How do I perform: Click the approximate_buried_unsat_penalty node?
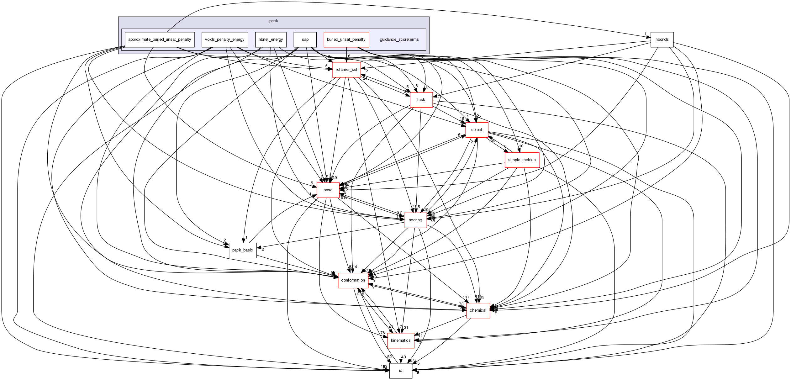tap(160, 40)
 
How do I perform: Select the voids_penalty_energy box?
tap(224, 40)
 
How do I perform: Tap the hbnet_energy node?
tap(271, 40)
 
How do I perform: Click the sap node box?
tap(305, 40)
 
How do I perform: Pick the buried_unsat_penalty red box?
tap(346, 40)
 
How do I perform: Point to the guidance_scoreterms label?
tap(399, 40)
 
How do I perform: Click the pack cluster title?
tap(273, 21)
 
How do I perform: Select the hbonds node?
tap(662, 40)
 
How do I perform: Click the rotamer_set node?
tap(346, 70)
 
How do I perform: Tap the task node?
tap(421, 100)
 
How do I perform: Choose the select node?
tap(477, 130)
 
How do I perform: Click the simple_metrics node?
tap(522, 160)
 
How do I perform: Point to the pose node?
tap(328, 190)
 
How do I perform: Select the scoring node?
tap(415, 220)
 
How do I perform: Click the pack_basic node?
tap(242, 250)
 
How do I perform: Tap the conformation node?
tap(353, 280)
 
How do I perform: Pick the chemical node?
tap(478, 310)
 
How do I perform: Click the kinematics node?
tap(401, 340)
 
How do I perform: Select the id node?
tap(401, 371)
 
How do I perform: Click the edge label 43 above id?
tap(403, 357)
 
